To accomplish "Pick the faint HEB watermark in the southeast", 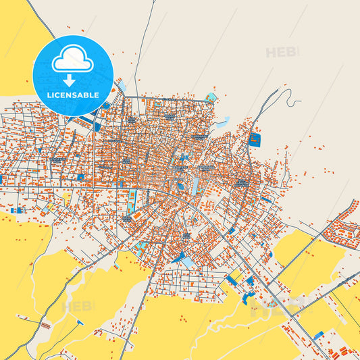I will (x=270, y=311).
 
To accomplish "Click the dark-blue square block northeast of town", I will (x=255, y=140).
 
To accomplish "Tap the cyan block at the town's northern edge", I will (x=211, y=98).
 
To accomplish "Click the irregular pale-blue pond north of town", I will (x=222, y=122).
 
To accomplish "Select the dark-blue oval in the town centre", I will (x=180, y=186).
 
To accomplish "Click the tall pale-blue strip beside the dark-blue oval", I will (x=195, y=184).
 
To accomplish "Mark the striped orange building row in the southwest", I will (x=45, y=326).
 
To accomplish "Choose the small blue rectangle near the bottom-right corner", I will (x=318, y=334).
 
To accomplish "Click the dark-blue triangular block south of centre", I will (x=178, y=257).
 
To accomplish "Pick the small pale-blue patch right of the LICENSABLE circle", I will (x=121, y=87).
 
